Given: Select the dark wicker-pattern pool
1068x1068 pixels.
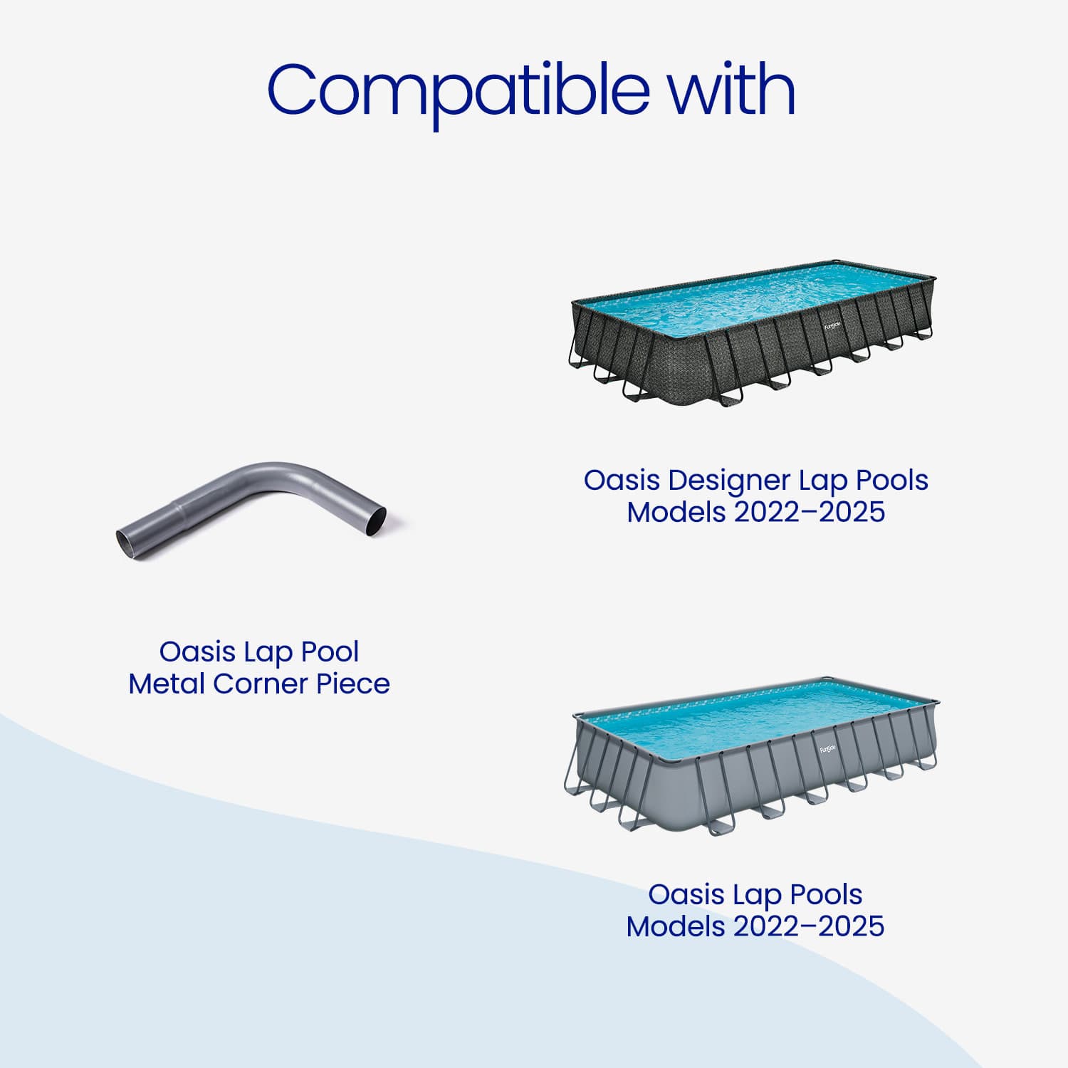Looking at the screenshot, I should [753, 334].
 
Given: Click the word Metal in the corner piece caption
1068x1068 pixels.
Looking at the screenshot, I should [167, 684].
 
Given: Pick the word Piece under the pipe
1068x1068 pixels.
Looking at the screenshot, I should [353, 684].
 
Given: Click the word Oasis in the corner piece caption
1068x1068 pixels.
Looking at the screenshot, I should [197, 651].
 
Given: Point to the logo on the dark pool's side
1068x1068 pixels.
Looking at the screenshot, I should [832, 326].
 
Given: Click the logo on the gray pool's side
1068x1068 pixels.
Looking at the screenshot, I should [828, 749].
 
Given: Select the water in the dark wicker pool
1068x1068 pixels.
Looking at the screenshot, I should [755, 299].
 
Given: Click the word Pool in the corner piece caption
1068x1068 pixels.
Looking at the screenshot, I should [330, 651].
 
